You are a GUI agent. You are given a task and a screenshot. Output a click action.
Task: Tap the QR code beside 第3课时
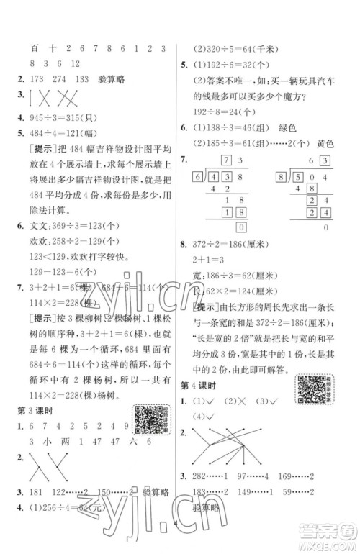click(x=148, y=419)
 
